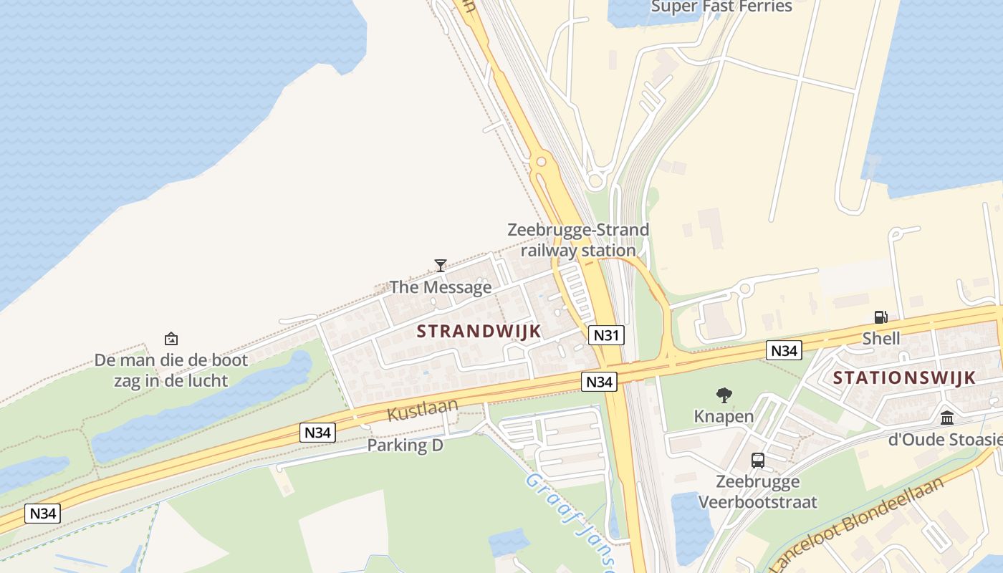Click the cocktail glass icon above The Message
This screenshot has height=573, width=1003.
(x=441, y=266)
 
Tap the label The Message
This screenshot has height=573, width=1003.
(x=441, y=287)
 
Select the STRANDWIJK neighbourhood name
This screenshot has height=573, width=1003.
(x=479, y=331)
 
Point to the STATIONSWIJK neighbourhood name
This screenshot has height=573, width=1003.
(x=904, y=378)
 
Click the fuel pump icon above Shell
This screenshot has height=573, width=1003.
(x=880, y=317)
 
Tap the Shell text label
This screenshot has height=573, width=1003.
(x=880, y=338)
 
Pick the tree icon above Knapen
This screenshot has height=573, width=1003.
(x=724, y=395)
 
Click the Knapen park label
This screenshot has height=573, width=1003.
(x=724, y=416)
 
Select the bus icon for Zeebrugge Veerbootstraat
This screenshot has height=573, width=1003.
(x=758, y=461)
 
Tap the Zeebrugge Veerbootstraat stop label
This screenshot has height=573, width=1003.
(x=758, y=491)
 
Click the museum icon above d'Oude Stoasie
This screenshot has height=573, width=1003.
(x=947, y=418)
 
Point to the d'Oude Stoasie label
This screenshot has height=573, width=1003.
(x=944, y=439)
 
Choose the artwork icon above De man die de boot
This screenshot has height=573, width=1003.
(x=171, y=339)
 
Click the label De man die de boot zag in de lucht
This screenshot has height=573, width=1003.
(x=171, y=370)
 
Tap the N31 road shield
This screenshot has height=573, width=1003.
(x=607, y=335)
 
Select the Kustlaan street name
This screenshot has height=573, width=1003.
(x=423, y=410)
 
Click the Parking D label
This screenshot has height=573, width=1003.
(x=405, y=446)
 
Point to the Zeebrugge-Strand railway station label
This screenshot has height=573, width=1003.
(x=578, y=240)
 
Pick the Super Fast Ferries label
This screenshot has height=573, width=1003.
(x=721, y=7)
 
